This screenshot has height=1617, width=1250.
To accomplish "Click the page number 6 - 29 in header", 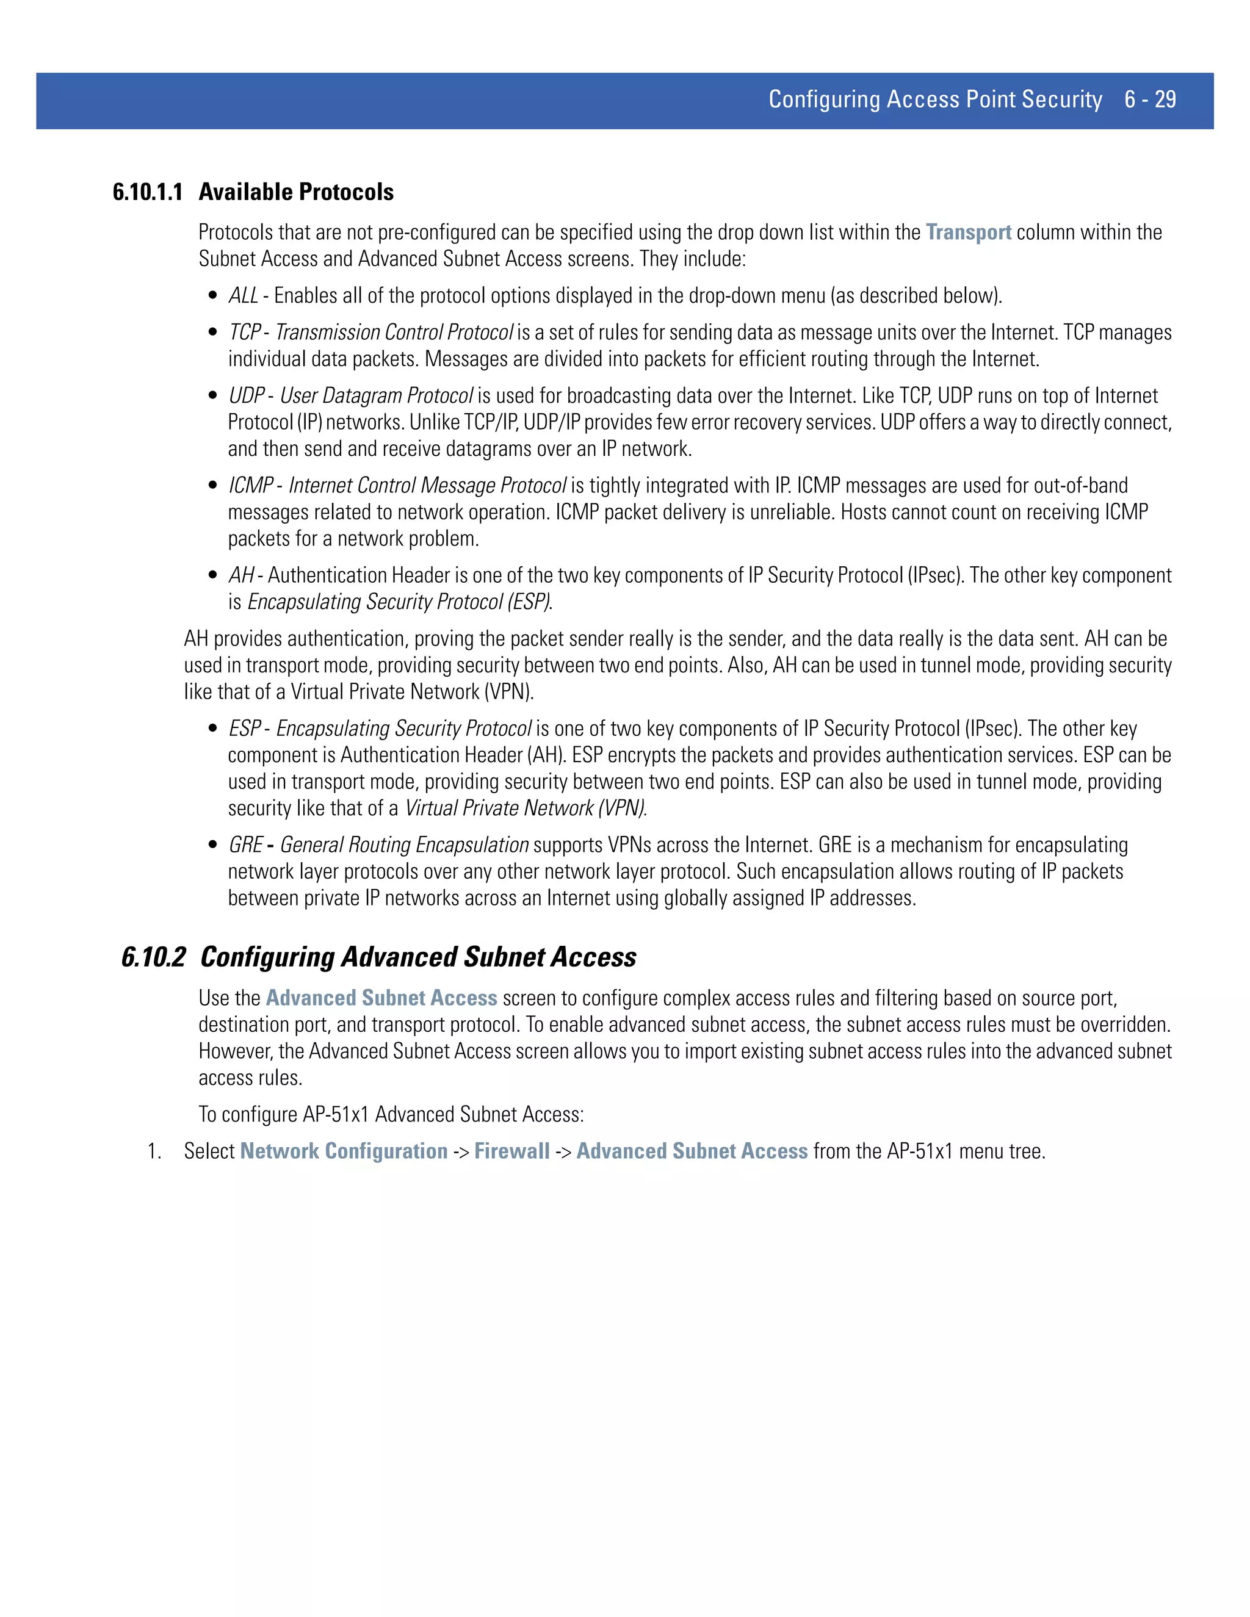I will coord(1149,99).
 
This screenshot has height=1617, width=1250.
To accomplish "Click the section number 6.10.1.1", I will coord(147,192).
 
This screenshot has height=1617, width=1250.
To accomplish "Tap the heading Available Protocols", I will coord(296,192).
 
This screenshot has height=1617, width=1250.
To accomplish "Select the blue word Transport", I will coord(968,232).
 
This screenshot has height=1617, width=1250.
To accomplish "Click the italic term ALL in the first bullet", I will coord(243,296).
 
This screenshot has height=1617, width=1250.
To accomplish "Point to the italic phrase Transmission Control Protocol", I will coord(394,333).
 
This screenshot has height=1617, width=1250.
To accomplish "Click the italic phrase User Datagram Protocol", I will coord(376,396).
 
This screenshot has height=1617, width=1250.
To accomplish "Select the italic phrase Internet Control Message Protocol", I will coord(427,486).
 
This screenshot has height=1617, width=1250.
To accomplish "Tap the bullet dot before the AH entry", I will coord(213,576).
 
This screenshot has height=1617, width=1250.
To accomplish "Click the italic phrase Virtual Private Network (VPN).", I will coord(526,808).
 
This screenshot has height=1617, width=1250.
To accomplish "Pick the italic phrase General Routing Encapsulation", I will coord(404,846).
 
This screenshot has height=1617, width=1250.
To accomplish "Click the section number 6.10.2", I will coord(153,957).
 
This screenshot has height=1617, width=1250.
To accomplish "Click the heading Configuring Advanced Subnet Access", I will coord(418,957).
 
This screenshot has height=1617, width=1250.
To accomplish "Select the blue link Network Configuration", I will coord(344,1151).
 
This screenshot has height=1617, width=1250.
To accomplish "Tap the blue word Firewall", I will coord(511,1151).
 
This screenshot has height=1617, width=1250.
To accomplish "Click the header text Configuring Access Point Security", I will coord(935,99).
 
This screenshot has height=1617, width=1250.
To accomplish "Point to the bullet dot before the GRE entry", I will coord(213,846).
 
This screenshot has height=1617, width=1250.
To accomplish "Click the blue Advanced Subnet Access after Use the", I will coord(381,998).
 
